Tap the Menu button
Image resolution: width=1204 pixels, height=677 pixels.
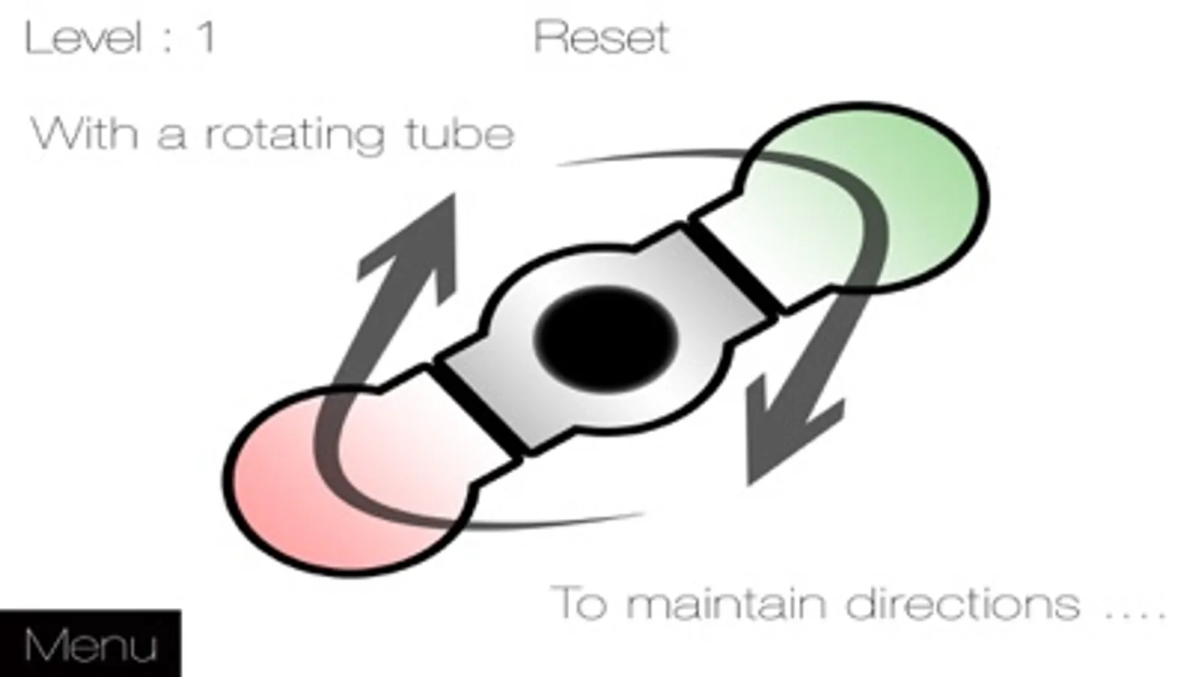90,645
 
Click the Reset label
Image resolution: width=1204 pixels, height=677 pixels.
601,37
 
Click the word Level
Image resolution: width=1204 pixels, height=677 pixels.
83,37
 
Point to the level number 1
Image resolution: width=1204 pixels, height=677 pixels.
206,37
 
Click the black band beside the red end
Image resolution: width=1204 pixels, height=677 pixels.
478,410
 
